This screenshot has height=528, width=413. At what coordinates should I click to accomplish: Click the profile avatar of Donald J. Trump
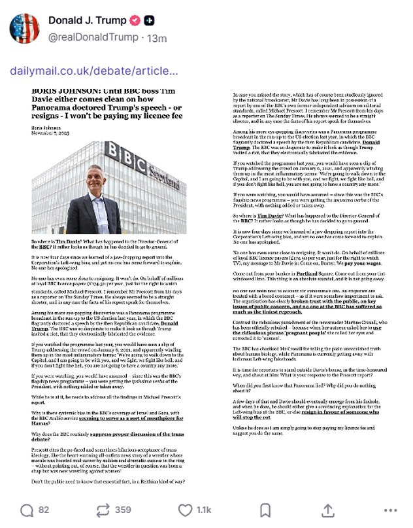tap(24, 29)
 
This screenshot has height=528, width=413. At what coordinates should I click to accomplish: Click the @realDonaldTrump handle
tap(93, 37)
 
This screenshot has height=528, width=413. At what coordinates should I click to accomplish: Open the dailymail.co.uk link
tap(93, 71)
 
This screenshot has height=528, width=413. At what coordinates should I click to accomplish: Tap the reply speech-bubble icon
tap(27, 510)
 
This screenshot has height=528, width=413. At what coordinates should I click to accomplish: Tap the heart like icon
tap(185, 510)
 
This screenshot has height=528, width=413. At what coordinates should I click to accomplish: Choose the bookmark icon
tap(265, 510)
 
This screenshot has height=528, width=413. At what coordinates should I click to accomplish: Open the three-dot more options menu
tap(390, 510)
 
